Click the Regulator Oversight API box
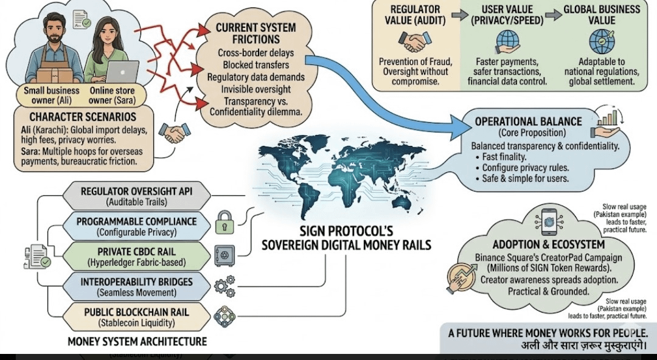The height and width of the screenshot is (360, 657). (x=136, y=195)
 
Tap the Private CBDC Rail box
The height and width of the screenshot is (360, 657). (x=136, y=255)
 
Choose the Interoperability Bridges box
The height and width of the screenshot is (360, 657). (x=136, y=286)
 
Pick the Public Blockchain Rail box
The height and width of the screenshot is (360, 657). (x=136, y=317)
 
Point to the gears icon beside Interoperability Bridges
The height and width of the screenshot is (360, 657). (x=224, y=285)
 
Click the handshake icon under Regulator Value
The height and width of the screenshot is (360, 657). (x=414, y=41)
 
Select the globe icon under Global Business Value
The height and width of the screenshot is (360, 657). (x=601, y=41)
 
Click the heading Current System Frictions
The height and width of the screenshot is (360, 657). (x=255, y=33)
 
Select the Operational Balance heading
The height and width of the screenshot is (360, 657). (x=528, y=121)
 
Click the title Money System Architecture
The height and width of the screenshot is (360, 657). (x=137, y=341)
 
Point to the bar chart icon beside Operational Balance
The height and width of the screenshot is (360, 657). (x=610, y=117)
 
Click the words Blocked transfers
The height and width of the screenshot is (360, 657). (x=255, y=64)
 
